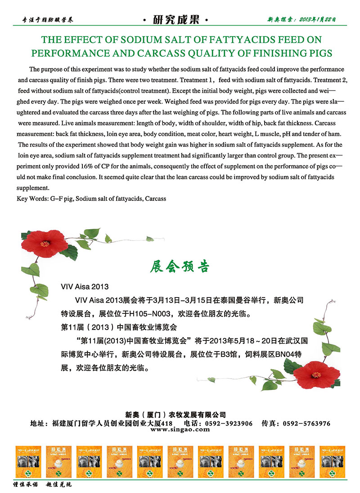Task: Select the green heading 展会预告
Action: [180, 267]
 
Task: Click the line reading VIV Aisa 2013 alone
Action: [85, 286]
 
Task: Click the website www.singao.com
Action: [180, 430]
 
